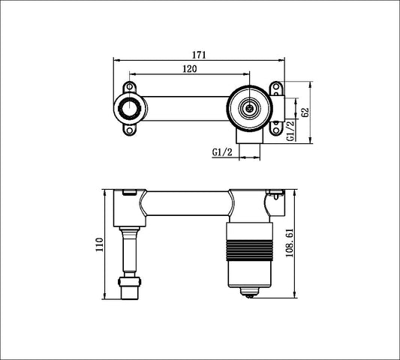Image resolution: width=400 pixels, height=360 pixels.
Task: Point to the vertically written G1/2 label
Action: (291, 130)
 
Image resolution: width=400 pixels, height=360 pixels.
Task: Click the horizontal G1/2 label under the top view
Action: (222, 151)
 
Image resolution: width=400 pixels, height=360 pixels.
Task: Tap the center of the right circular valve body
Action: (248, 109)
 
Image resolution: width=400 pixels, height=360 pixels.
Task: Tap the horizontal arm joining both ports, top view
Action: (184, 109)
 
